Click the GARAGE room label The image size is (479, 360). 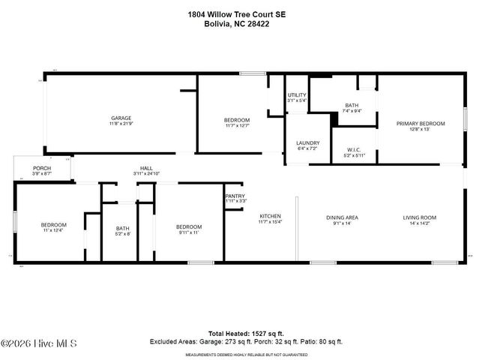tap(121, 118)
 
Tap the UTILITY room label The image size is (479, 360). tap(297, 94)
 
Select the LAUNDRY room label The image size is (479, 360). tap(307, 143)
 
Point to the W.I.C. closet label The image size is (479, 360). tap(354, 149)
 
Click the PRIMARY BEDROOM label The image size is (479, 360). tap(421, 124)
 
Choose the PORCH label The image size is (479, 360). tap(42, 167)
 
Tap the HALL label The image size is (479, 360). tap(147, 168)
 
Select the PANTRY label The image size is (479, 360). tap(235, 196)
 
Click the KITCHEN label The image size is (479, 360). tap(270, 216)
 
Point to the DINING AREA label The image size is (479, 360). tap(342, 217)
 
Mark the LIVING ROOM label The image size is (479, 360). tap(420, 217)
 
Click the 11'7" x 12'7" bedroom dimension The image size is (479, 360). tap(237, 126)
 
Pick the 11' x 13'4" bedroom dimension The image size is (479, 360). tap(53, 231)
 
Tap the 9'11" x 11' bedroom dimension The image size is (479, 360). tap(189, 232)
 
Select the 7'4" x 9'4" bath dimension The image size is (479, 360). tap(352, 111)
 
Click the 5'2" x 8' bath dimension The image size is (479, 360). tap(123, 234)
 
